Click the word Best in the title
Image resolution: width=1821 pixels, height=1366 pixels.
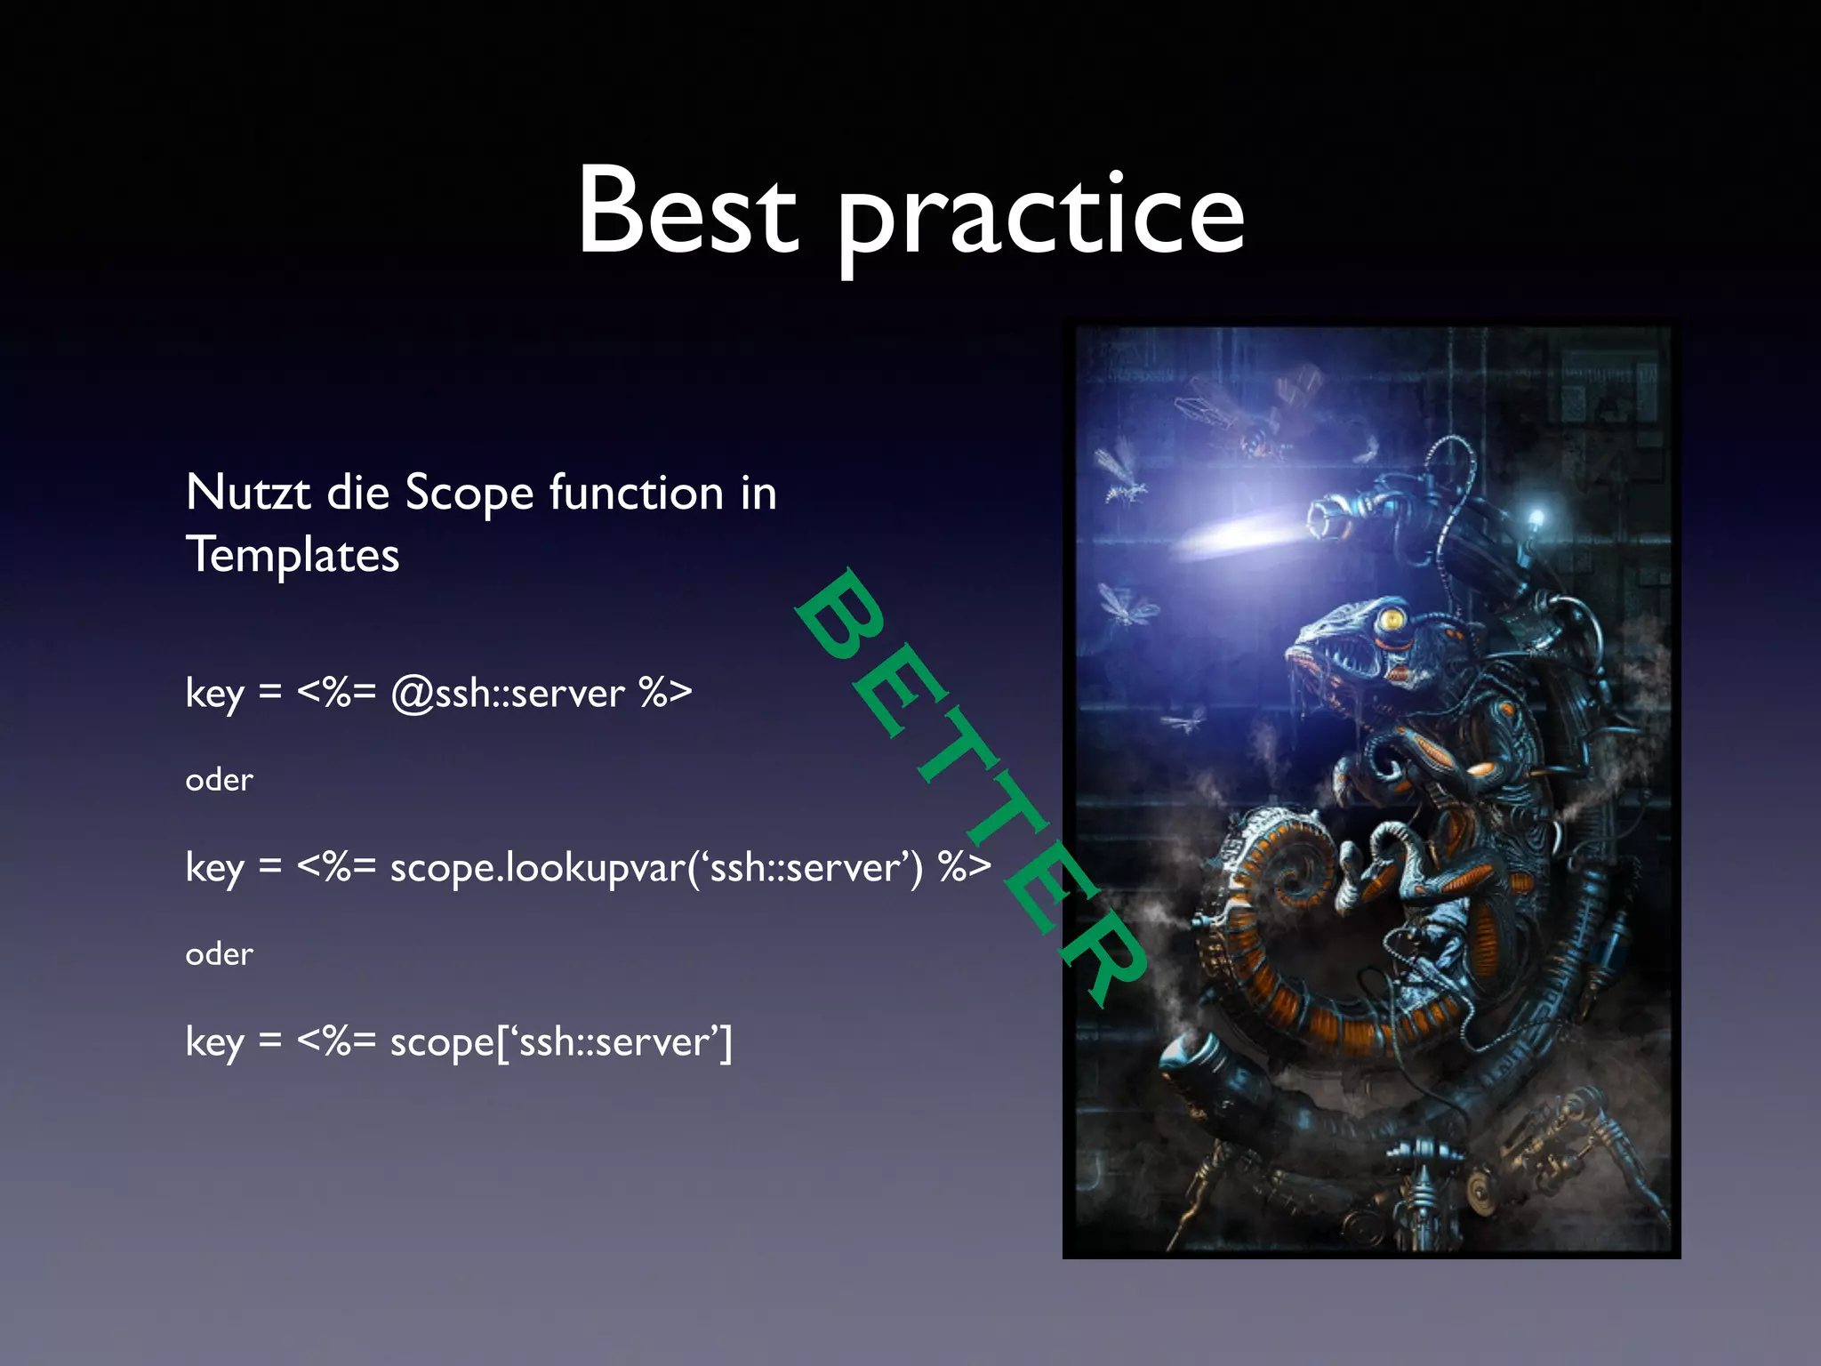[x=687, y=211]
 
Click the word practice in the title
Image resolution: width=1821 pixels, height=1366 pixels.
[x=1040, y=218]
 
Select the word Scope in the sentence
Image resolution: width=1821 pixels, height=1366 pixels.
[x=469, y=494]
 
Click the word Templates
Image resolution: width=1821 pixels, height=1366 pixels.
[x=293, y=556]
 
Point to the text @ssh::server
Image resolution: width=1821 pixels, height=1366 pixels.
[x=508, y=694]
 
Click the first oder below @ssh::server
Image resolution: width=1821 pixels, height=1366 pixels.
[x=219, y=780]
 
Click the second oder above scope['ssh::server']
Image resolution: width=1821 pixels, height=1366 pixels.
[x=219, y=954]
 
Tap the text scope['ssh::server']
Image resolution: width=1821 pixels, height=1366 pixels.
[x=560, y=1042]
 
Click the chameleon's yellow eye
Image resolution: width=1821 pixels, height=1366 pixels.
[x=1390, y=616]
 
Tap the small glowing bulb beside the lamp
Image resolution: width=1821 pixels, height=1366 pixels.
[x=1536, y=517]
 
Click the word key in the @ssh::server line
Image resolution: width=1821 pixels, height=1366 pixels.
[x=214, y=694]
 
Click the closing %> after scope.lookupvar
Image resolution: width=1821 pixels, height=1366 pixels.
[x=964, y=867]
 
